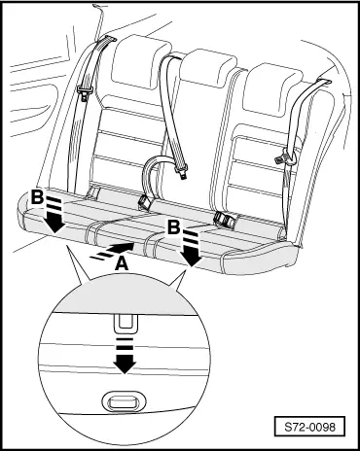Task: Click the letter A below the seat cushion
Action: point(122,263)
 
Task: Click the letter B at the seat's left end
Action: point(37,196)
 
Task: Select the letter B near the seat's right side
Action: point(173,226)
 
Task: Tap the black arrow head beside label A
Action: point(126,248)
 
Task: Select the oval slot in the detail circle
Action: point(121,402)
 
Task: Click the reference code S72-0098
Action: point(309,427)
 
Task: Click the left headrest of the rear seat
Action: point(141,61)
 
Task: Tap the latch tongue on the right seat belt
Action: point(282,157)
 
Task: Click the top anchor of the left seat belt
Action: point(106,40)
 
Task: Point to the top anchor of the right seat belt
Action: point(324,81)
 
